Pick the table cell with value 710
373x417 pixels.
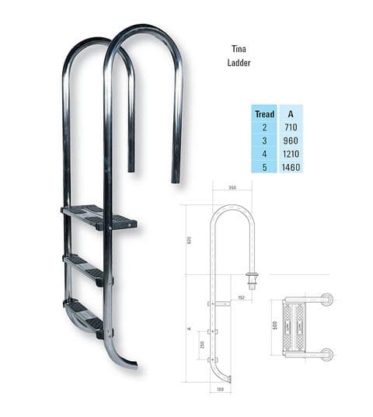(291, 127)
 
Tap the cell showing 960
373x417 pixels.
(291, 141)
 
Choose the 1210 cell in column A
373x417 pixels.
(291, 154)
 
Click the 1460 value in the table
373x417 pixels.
(291, 167)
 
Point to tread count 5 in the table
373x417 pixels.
(265, 167)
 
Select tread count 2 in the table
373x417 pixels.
(265, 127)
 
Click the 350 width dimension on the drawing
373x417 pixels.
(232, 187)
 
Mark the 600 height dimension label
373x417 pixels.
(188, 240)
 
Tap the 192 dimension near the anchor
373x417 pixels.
(241, 297)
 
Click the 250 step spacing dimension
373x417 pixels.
(202, 344)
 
